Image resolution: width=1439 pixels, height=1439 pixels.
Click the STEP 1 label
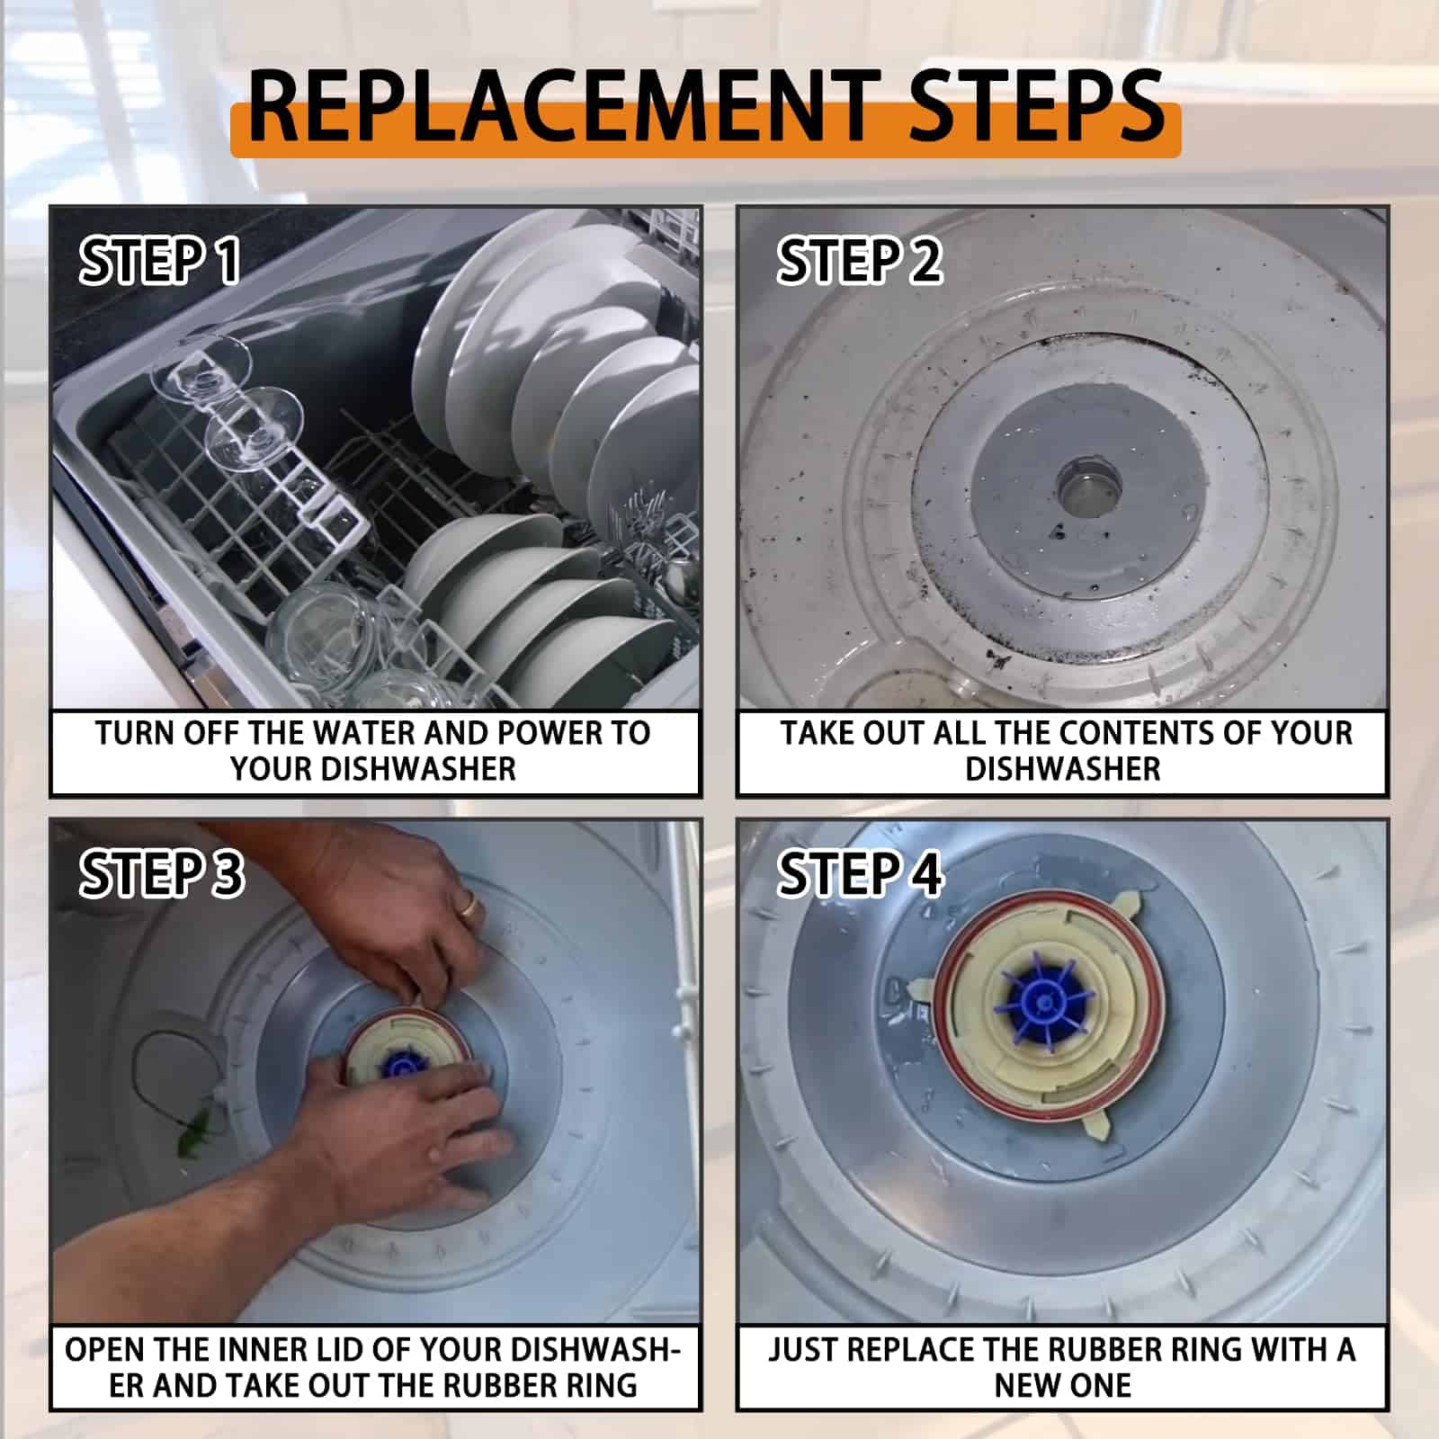(x=160, y=261)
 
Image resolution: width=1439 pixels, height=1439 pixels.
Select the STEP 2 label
(x=860, y=261)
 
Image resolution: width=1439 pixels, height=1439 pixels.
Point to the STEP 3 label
(x=162, y=874)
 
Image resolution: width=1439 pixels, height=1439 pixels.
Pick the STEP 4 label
(x=860, y=874)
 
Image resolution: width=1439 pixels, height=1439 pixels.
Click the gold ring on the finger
(x=469, y=903)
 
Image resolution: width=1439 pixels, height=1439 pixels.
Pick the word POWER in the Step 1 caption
(x=550, y=733)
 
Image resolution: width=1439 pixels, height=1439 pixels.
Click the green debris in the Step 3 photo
(x=195, y=1131)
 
